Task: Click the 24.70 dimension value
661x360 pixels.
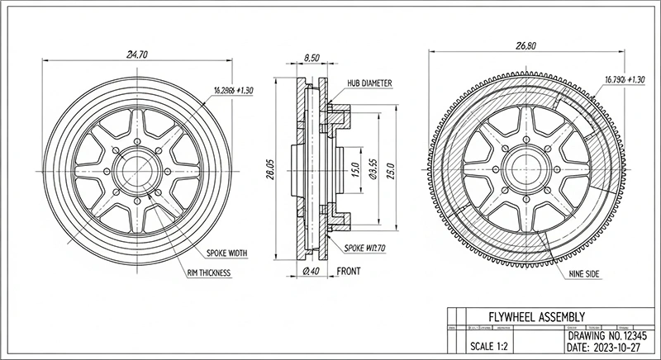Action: [136, 54]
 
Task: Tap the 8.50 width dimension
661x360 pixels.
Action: [311, 58]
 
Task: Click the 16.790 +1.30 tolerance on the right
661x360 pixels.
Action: [624, 80]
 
